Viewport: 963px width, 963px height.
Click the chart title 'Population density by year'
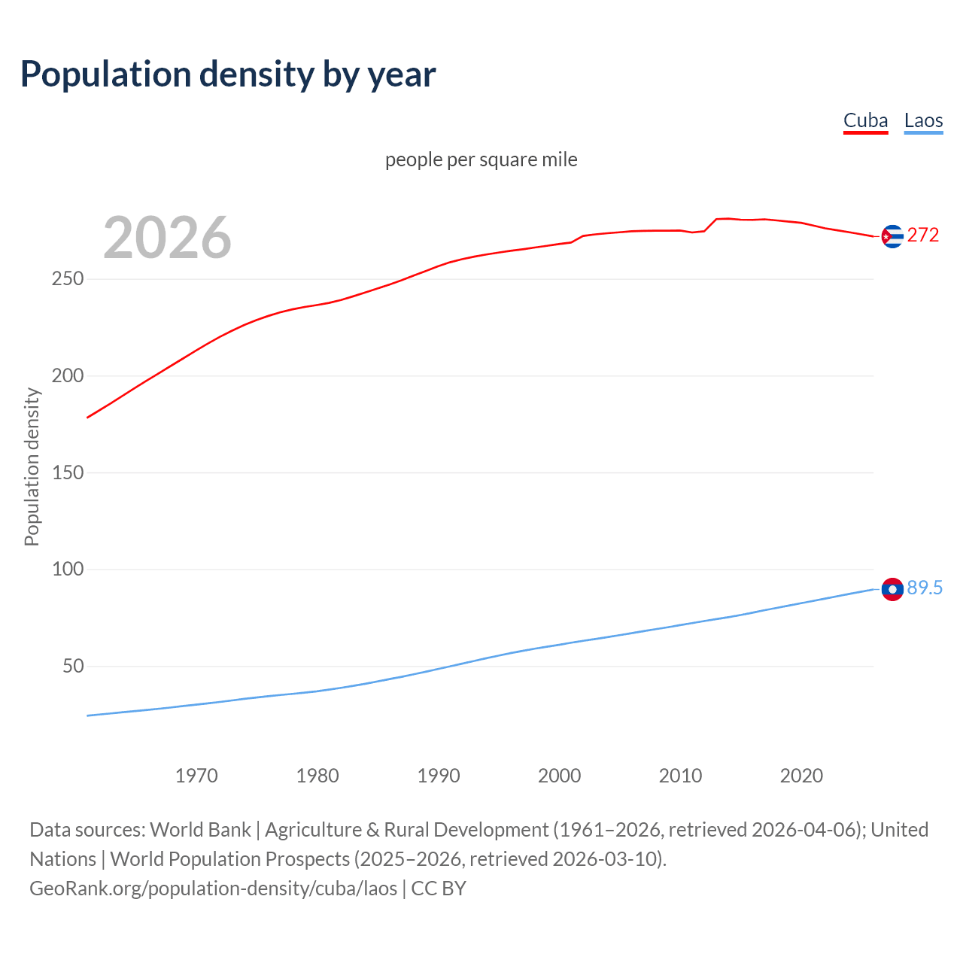point(228,74)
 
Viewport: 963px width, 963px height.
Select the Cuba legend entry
point(865,120)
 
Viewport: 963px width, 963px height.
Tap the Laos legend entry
point(923,120)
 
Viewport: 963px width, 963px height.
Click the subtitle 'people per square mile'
point(481,159)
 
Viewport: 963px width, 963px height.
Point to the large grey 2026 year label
point(167,238)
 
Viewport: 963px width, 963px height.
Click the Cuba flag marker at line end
point(892,236)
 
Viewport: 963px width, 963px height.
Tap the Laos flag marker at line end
point(892,589)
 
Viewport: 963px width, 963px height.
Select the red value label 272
point(923,235)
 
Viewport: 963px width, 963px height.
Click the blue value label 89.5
point(925,588)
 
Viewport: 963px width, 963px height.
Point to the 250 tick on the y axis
point(68,279)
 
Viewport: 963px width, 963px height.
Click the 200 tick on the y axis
point(68,375)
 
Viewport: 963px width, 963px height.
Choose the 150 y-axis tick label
point(68,472)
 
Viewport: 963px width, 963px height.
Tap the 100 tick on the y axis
point(68,570)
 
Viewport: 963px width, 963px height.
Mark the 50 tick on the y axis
point(73,666)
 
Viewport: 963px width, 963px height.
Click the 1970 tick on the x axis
point(196,776)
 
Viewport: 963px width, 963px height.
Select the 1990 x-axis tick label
point(439,776)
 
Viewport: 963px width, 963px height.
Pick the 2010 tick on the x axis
point(680,776)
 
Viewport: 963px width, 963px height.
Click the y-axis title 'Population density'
point(32,466)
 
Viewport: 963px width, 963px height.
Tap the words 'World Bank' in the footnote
point(200,829)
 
